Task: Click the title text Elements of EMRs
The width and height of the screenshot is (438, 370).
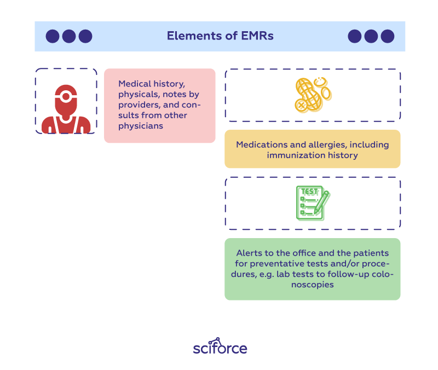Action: [x=220, y=36]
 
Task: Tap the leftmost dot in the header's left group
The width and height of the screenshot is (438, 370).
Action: [x=53, y=36]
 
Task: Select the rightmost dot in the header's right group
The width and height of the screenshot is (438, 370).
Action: [x=388, y=36]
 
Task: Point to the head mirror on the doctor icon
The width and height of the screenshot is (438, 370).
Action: [x=66, y=97]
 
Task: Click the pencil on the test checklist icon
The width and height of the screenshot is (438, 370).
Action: [x=322, y=203]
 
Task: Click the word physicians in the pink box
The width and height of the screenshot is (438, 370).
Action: [x=141, y=126]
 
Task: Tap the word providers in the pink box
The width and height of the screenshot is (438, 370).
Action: [x=139, y=105]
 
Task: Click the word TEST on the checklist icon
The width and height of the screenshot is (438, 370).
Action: [x=309, y=192]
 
